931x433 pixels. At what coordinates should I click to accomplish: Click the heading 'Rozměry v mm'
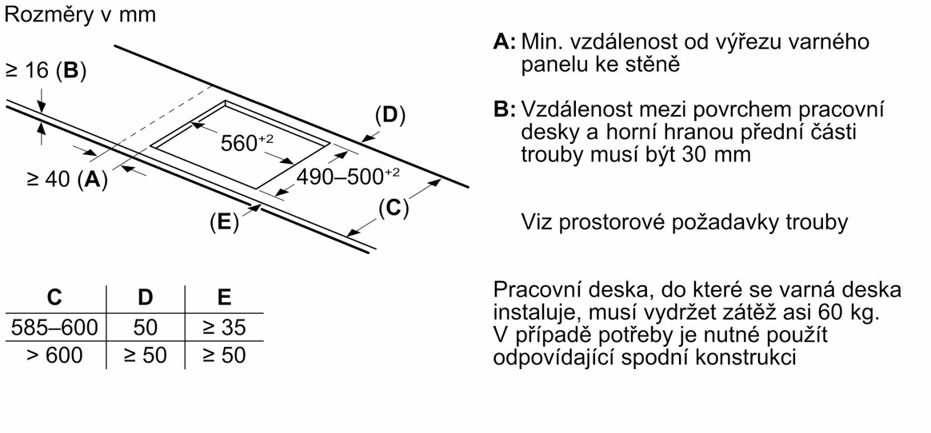pos(81,15)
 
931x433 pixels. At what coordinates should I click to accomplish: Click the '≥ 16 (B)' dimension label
pos(46,71)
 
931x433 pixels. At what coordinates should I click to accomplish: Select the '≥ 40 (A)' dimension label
pos(66,180)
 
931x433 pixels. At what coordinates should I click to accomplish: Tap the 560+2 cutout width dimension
pos(246,143)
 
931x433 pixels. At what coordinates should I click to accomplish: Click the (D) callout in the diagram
pos(390,116)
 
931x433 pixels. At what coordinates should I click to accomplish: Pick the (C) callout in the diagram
pos(393,209)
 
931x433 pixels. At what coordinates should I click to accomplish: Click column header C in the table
pos(54,297)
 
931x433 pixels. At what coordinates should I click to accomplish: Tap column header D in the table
pos(145,297)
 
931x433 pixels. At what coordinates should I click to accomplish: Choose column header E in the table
pos(224,297)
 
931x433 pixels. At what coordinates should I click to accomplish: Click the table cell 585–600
pos(54,327)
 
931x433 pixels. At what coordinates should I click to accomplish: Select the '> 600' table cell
pos(54,355)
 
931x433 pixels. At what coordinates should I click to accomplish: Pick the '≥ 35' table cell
pos(224,327)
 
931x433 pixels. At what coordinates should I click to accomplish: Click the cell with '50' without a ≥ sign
pos(146,327)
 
